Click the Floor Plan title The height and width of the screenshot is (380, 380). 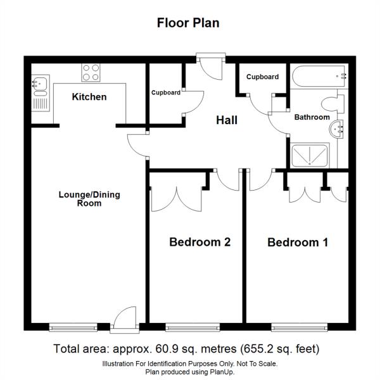click(188, 23)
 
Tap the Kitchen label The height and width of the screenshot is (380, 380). click(89, 97)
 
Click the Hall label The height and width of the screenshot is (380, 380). click(227, 119)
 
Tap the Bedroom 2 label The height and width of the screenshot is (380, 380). click(199, 242)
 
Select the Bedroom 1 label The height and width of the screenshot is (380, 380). click(298, 242)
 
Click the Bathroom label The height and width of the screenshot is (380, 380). click(312, 117)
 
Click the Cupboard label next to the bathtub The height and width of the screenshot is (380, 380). click(262, 77)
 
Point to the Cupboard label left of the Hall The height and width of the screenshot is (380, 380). click(165, 92)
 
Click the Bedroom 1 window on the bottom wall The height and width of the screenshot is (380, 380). click(299, 327)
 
